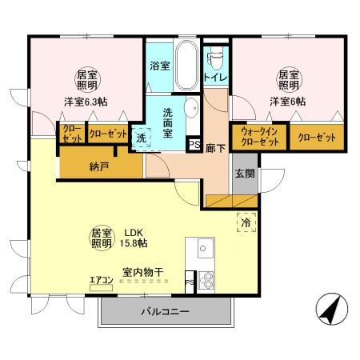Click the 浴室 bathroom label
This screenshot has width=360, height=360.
(159, 66)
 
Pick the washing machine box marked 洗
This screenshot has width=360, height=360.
(141, 138)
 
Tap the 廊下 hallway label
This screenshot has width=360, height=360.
(214, 148)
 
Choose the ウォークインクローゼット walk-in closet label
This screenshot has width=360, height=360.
(259, 136)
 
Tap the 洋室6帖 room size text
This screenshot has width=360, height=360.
(286, 102)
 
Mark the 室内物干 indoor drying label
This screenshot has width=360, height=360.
(143, 273)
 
